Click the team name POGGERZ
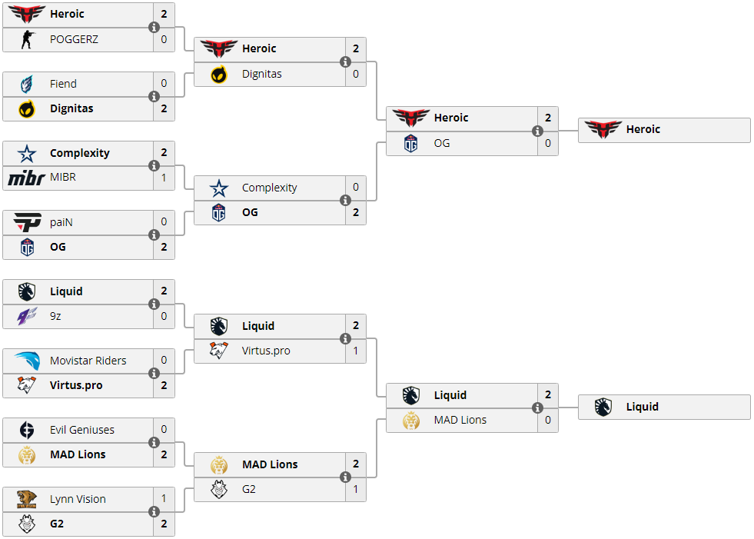click(x=74, y=39)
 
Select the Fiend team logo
click(x=27, y=84)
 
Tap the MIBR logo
click(x=27, y=178)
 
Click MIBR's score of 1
click(x=164, y=178)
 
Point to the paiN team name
click(x=61, y=222)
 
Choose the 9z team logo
click(x=27, y=316)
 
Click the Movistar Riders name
click(x=88, y=361)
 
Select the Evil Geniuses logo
click(x=27, y=430)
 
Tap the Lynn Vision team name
click(x=78, y=499)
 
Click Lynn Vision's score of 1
click(x=164, y=499)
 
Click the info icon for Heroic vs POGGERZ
click(x=154, y=27)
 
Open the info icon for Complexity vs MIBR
click(x=154, y=165)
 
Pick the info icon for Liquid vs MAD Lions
click(x=537, y=408)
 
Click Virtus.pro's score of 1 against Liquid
click(x=356, y=351)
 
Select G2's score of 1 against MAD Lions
click(x=356, y=489)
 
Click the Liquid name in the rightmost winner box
click(x=642, y=407)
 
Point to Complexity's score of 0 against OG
click(x=356, y=188)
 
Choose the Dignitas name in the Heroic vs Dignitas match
click(x=261, y=74)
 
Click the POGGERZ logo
click(x=27, y=39)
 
